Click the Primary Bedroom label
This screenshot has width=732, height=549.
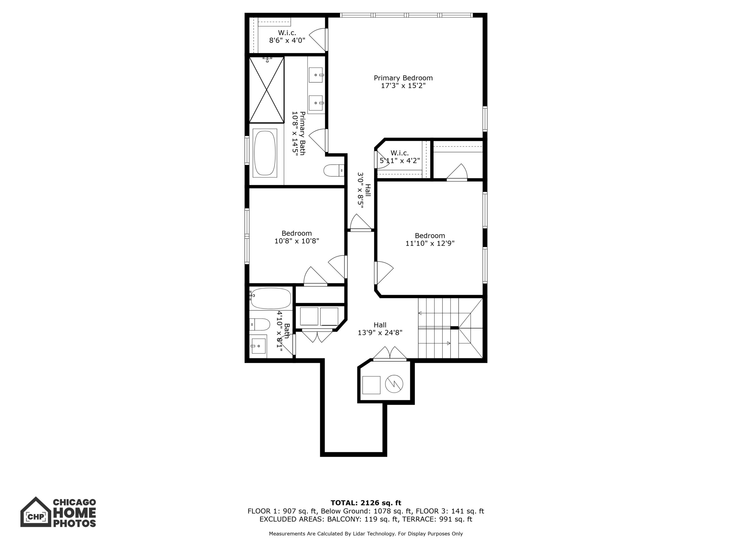(403, 78)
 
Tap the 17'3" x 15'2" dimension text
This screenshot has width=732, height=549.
(403, 86)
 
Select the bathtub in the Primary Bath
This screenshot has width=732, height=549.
(265, 153)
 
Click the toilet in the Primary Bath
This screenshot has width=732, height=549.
(334, 171)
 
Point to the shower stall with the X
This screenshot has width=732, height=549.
(267, 90)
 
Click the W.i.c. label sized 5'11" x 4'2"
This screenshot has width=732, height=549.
(400, 157)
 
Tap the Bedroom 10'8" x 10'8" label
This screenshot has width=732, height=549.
(297, 237)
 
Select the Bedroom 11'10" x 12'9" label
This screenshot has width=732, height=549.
(430, 240)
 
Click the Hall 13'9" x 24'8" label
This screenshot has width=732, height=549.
(380, 329)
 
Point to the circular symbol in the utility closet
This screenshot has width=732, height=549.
(394, 384)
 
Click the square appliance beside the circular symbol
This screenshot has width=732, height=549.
(371, 385)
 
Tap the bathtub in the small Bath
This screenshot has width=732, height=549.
(271, 299)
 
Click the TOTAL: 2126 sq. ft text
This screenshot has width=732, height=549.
(366, 503)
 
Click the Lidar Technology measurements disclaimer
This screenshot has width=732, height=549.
(366, 534)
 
